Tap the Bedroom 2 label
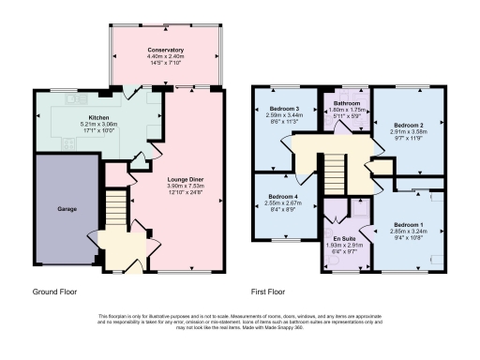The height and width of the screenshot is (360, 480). coord(409,125)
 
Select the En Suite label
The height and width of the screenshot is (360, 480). coord(343,239)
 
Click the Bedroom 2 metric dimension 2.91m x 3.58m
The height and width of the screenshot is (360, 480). coord(409,132)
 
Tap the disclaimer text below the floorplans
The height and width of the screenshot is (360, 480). coord(240,322)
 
